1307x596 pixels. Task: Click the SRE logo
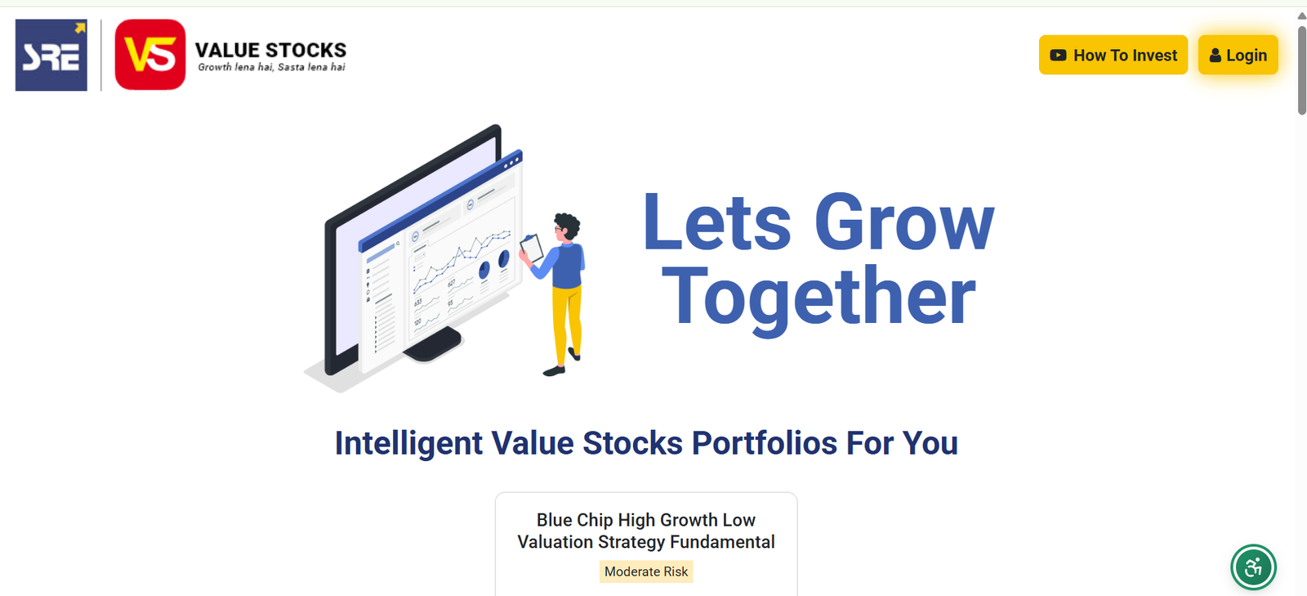coord(51,55)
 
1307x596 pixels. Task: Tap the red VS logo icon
coord(150,55)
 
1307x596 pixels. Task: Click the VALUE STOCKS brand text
coord(270,50)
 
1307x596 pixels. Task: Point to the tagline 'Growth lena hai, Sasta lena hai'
coord(271,67)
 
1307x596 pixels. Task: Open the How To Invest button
coord(1113,55)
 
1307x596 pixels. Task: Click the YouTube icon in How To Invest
coord(1058,56)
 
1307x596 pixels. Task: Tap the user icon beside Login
coord(1215,56)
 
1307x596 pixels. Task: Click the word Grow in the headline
coord(904,222)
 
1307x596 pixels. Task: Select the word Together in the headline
coord(819,297)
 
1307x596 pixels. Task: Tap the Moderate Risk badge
coord(646,571)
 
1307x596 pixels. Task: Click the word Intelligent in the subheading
coord(408,443)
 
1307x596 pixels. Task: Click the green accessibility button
coord(1253,567)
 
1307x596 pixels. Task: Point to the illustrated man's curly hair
coord(568,225)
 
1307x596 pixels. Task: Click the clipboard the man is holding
coord(532,248)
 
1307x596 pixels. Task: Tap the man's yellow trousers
coord(567,324)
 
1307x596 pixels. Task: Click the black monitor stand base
coord(433,345)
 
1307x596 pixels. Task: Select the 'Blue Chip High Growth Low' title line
coord(646,519)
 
